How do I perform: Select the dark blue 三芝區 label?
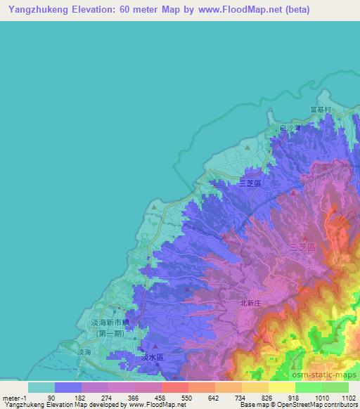click(250, 183)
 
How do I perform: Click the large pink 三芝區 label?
click(302, 247)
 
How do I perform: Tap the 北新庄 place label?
click(251, 303)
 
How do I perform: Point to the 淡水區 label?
click(152, 357)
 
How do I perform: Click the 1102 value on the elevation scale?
click(340, 397)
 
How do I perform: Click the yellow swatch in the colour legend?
click(282, 387)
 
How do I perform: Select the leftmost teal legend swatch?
click(41, 387)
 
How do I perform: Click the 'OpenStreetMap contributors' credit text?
click(317, 405)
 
